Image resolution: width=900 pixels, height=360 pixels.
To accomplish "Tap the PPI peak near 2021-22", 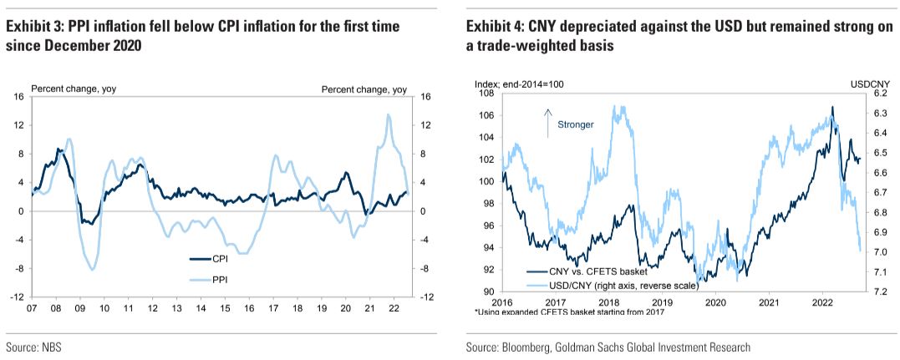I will (389, 114).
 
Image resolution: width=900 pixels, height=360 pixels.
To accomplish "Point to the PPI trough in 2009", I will (92, 268).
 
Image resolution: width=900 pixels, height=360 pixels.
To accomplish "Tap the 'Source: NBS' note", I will (33, 347).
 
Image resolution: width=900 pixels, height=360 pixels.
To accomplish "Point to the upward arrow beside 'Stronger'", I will (548, 122).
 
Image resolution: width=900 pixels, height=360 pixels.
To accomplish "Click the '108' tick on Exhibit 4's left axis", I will (488, 94).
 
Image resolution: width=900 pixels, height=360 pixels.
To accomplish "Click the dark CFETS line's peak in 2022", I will (831, 107).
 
